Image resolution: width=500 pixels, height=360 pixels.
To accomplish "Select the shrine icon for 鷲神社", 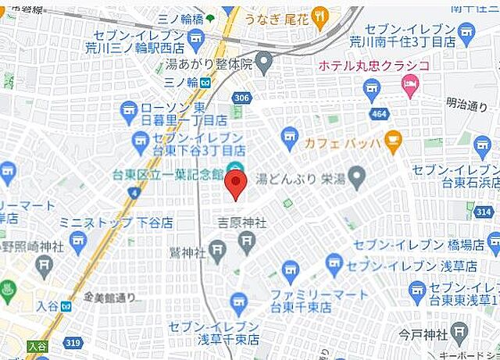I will pos(218,252).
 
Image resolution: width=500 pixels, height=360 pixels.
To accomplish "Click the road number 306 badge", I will pos(241,98).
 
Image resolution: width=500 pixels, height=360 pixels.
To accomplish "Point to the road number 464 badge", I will pos(379,114).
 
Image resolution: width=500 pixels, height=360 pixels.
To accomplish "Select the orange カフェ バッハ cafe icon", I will pos(392,143).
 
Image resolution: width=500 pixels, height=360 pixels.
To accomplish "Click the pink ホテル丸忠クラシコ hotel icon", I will pos(409,82).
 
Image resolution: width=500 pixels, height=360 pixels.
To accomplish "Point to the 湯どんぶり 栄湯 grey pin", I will pos(357,179).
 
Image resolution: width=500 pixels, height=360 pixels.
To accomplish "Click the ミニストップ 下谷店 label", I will pos(116,223).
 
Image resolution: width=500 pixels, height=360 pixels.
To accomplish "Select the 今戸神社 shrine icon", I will pos(459,335).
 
